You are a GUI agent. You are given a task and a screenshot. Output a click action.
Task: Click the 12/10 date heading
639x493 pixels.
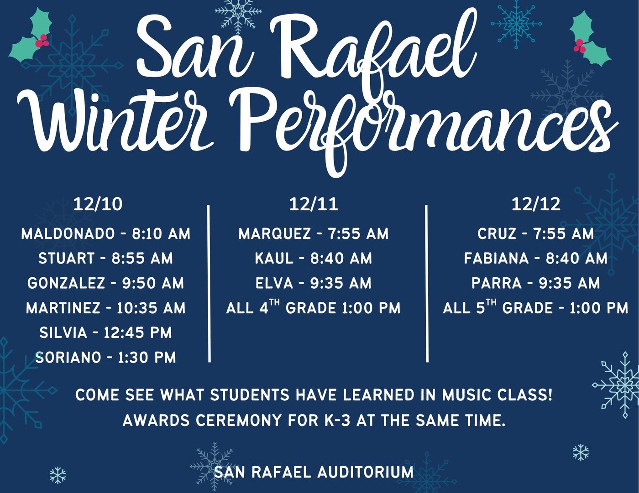98,204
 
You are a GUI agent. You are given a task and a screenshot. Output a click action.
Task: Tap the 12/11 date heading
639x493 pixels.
314,204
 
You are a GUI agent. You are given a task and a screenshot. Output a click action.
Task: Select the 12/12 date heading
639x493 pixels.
536,204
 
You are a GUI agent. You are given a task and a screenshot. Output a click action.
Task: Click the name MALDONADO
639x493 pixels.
68,234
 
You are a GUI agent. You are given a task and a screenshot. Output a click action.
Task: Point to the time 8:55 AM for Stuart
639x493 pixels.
142,259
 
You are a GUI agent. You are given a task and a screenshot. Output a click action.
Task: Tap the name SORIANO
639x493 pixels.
68,357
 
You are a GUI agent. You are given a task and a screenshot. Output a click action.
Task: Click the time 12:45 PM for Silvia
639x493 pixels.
137,332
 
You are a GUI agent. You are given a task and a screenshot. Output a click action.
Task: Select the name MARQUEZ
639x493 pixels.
274,234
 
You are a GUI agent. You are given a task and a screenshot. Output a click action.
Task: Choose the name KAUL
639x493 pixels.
274,259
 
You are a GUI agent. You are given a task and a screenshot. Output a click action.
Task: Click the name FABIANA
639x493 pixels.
496,259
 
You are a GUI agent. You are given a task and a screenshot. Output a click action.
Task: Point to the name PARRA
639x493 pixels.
497,283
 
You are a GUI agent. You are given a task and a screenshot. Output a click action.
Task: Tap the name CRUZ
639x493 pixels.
497,234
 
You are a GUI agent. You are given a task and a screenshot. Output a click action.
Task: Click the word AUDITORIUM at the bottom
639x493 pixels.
366,472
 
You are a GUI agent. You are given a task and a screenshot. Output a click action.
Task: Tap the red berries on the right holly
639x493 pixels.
579,46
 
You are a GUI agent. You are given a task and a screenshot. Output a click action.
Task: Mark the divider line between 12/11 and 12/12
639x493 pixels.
427,283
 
